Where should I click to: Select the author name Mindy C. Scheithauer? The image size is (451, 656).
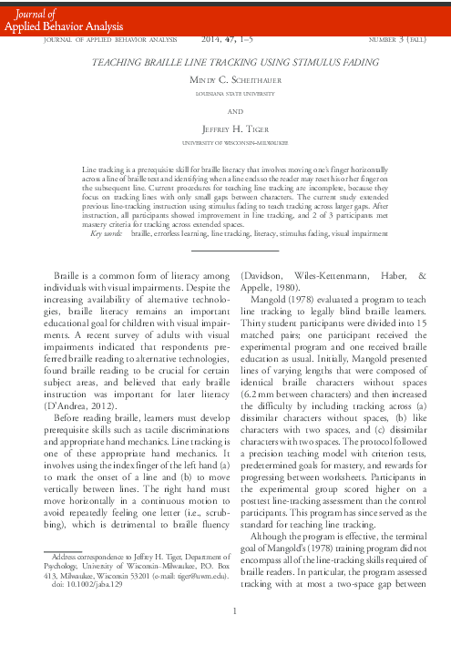coord(225,80)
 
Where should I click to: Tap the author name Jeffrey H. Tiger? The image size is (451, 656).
coord(225,131)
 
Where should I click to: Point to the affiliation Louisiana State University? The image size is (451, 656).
coord(225,93)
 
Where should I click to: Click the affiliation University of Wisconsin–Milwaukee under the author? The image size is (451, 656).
coord(225,144)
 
